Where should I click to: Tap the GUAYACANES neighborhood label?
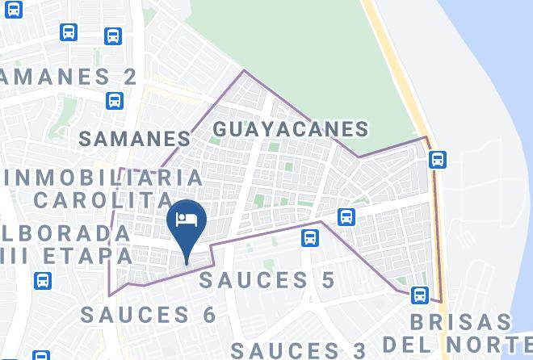(291, 129)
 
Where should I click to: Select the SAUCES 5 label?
(267, 280)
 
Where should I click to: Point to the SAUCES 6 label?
(149, 314)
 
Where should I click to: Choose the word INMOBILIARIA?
(103, 178)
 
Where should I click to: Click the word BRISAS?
(460, 322)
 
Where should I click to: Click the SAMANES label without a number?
(136, 138)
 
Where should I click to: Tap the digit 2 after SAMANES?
(128, 77)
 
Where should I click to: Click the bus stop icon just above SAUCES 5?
(309, 238)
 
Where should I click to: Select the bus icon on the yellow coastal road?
(438, 159)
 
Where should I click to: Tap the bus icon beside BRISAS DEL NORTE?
(418, 295)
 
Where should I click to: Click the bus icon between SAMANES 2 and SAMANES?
(115, 101)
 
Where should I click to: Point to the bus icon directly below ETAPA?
(42, 281)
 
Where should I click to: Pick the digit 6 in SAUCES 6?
(209, 314)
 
